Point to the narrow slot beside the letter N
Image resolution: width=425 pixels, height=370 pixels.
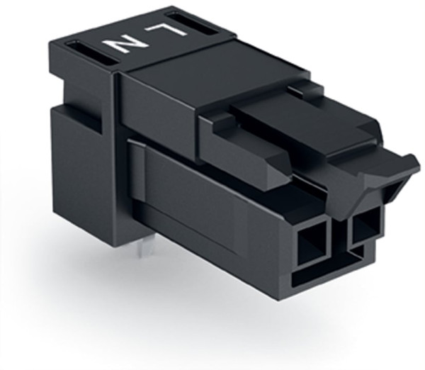pyautogui.click(x=94, y=55)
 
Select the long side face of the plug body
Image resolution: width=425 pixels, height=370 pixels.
pyautogui.click(x=212, y=213)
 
